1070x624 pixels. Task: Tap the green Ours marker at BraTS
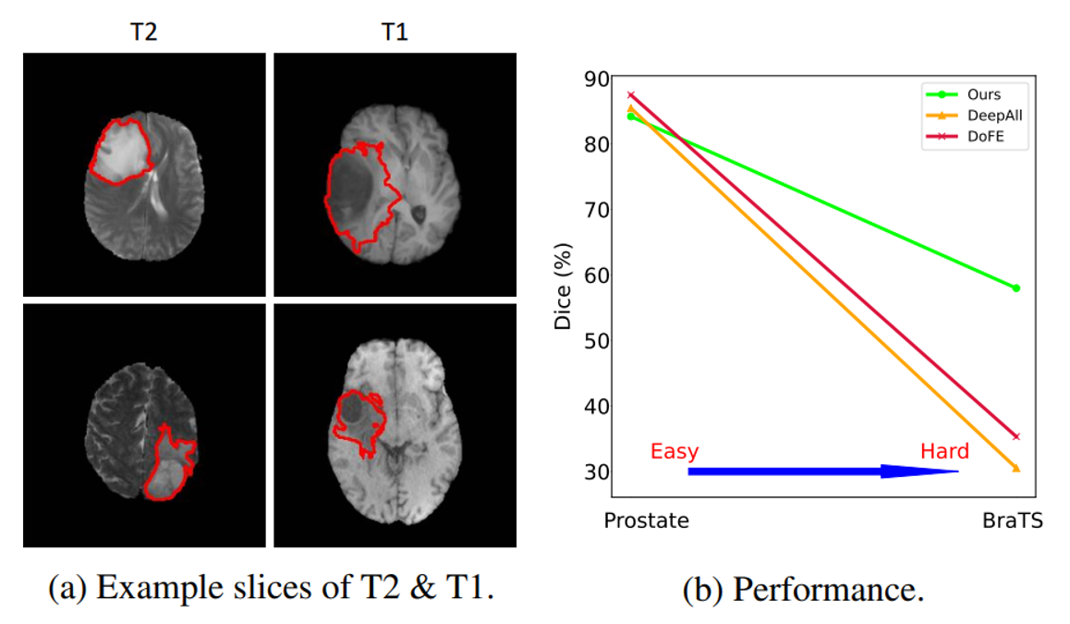tap(1016, 288)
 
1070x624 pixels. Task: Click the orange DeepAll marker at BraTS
tap(1016, 468)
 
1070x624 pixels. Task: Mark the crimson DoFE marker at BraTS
tap(1016, 436)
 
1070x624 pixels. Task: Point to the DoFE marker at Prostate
tap(631, 94)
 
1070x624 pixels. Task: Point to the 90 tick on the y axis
tap(598, 79)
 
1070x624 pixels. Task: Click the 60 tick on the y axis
tap(598, 275)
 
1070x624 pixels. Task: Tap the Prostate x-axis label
tap(646, 520)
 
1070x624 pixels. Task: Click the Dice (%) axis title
tap(563, 287)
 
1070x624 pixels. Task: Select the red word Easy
tap(675, 452)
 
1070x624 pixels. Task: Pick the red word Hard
tap(944, 452)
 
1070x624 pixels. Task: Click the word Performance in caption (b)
tap(826, 590)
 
